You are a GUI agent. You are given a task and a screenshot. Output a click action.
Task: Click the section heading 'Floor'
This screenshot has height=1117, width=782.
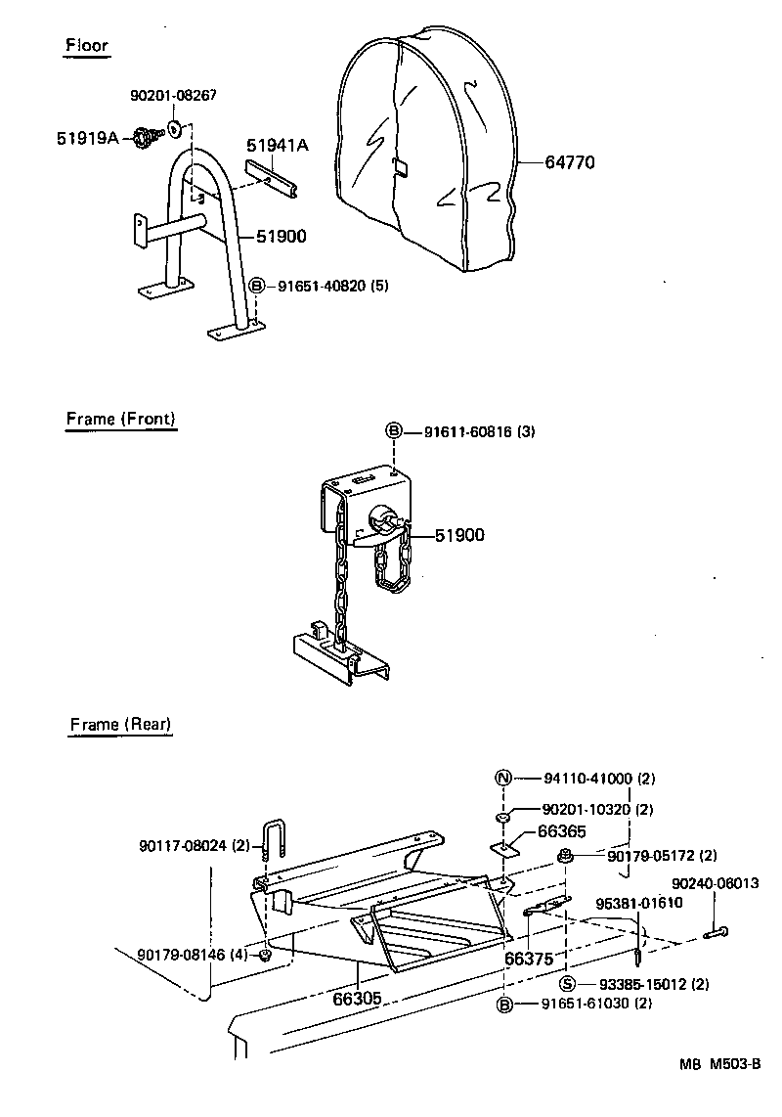point(87,45)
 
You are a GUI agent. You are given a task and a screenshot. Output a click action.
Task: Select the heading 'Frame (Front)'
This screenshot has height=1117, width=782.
point(121,419)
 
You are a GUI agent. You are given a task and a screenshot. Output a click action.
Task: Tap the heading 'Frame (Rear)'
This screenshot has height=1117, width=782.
point(120,725)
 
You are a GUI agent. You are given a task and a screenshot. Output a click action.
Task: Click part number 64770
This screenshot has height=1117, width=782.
point(570,162)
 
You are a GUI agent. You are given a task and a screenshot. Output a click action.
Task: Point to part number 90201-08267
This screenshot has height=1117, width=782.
point(173,96)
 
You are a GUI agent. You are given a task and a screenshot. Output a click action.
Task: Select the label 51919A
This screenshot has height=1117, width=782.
point(87,139)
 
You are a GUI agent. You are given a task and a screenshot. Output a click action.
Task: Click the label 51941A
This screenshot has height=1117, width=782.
point(277,146)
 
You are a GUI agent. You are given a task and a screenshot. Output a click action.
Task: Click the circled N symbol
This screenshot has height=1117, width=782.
point(503,779)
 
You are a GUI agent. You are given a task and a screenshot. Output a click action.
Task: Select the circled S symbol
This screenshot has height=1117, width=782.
point(566,984)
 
